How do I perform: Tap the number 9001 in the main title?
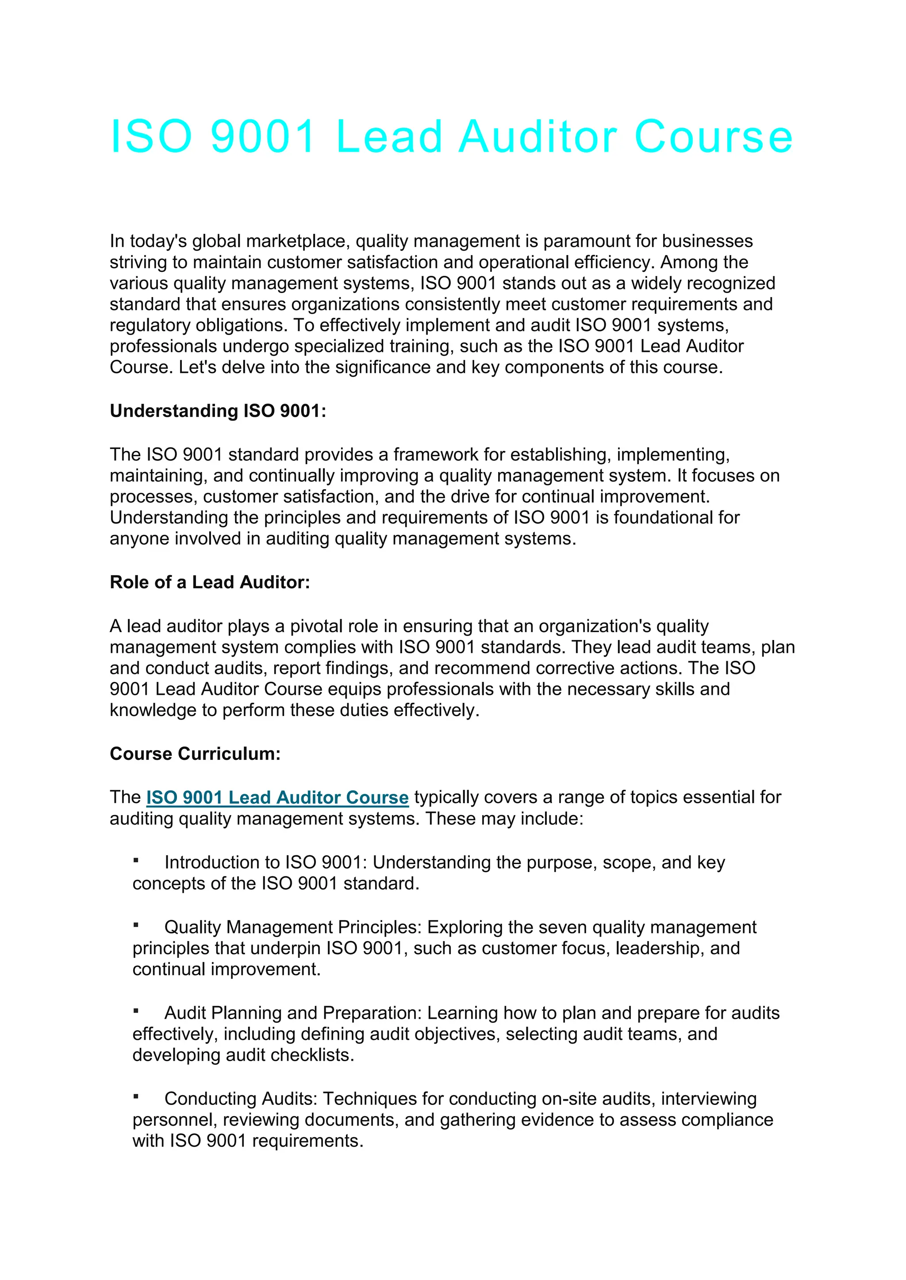tap(263, 137)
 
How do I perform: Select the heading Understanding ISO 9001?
tap(218, 411)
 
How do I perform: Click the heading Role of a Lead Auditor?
tap(210, 582)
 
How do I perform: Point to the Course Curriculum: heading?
tap(195, 754)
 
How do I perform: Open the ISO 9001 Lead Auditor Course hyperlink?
tap(277, 797)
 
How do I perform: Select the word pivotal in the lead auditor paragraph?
tap(315, 626)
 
